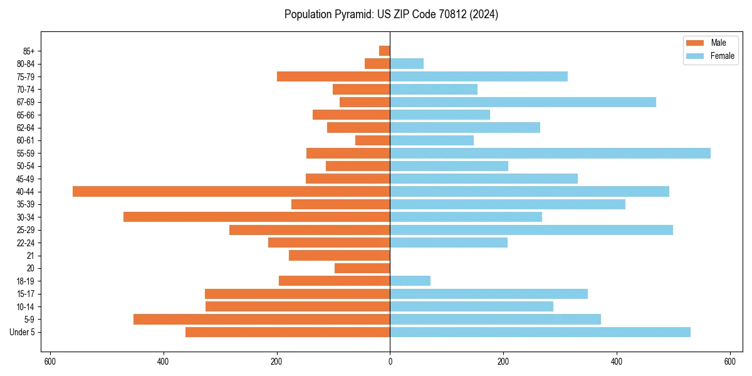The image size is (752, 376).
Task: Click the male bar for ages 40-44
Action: tap(231, 191)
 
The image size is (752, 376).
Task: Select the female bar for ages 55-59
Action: tap(550, 153)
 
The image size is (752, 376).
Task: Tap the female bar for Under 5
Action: tap(540, 332)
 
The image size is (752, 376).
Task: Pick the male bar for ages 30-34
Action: tap(257, 217)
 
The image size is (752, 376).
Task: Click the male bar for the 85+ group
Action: tap(385, 51)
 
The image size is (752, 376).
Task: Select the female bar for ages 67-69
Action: tap(523, 102)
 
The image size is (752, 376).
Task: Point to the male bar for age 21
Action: tap(340, 255)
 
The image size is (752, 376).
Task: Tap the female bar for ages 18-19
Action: tap(410, 281)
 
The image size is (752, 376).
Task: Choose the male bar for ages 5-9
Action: tap(262, 319)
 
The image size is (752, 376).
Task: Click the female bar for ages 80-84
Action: tap(407, 63)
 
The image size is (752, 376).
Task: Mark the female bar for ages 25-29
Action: tap(531, 230)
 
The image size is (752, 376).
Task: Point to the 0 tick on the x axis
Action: tap(390, 362)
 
